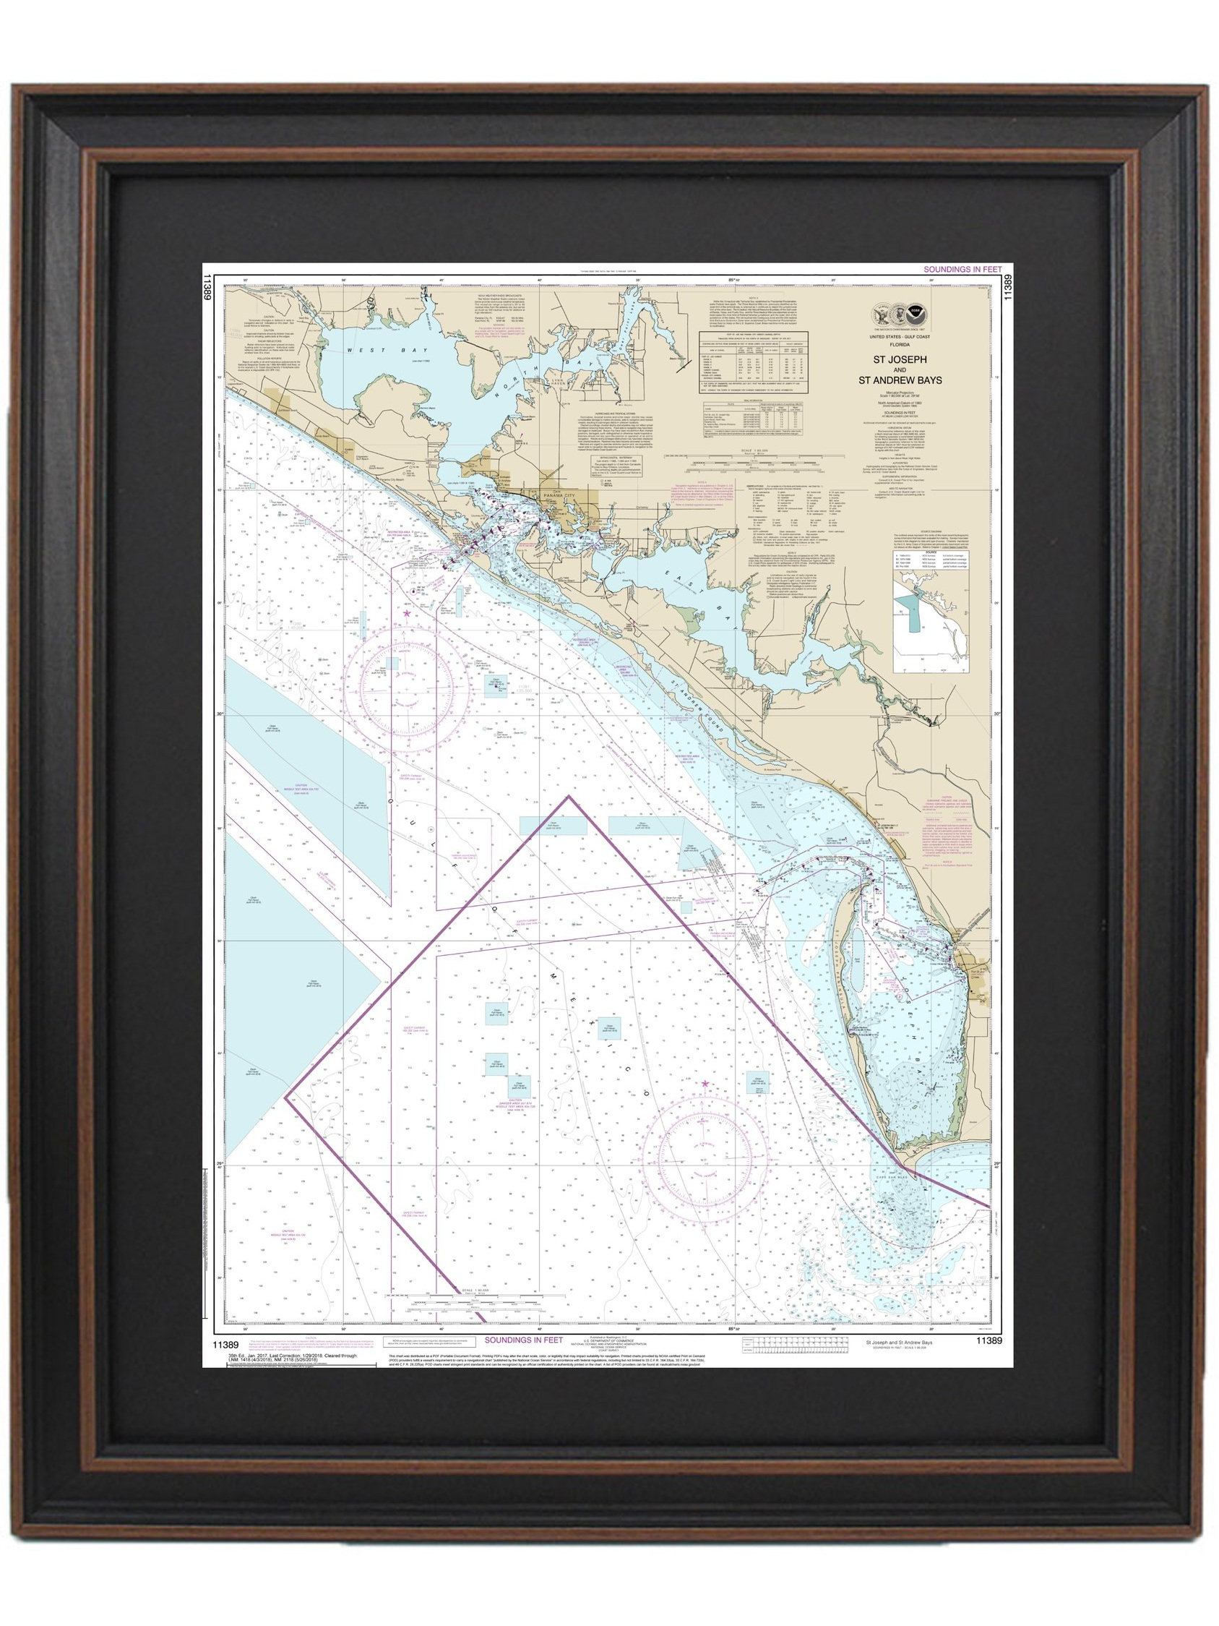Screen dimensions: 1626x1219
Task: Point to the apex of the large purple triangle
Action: [567, 797]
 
